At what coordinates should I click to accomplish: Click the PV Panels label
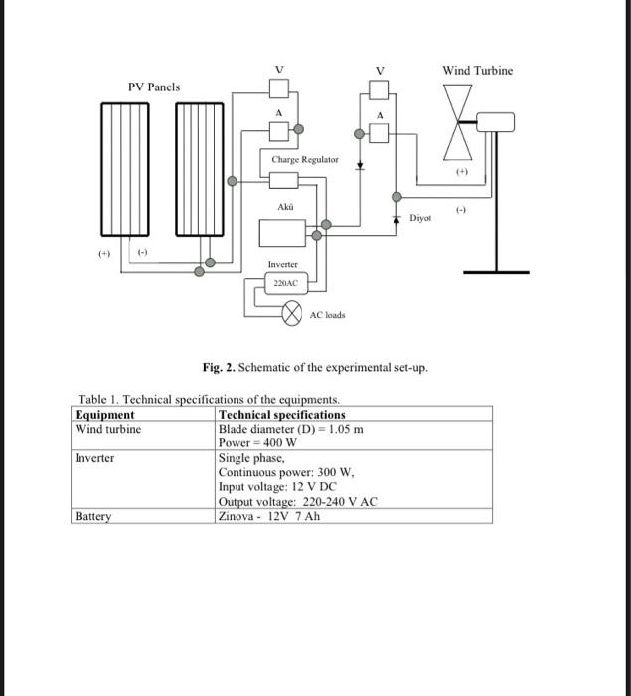(x=154, y=87)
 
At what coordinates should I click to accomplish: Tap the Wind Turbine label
(x=478, y=70)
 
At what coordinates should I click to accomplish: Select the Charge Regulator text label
(x=305, y=159)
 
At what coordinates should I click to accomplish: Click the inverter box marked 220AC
(x=285, y=282)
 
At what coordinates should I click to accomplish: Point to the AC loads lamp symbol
(x=292, y=315)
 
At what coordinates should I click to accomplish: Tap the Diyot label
(x=421, y=216)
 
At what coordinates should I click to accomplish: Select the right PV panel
(x=202, y=168)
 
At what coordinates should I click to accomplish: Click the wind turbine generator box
(x=495, y=122)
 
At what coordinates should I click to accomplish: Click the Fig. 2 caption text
(x=315, y=368)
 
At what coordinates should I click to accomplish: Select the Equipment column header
(x=105, y=414)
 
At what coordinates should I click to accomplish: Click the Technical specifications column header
(x=282, y=414)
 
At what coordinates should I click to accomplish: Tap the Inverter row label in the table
(x=95, y=458)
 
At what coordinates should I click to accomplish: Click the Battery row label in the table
(x=93, y=517)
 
